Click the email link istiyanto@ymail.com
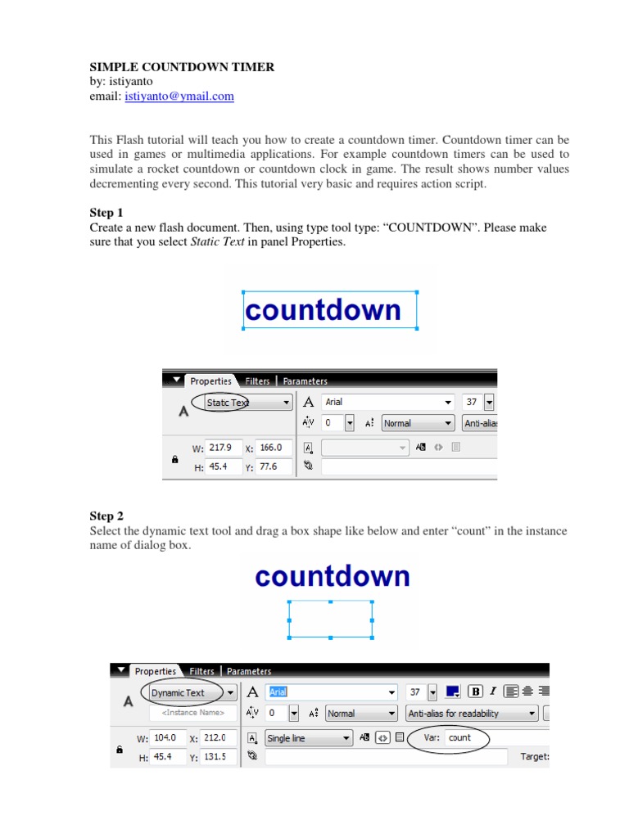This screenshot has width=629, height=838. click(179, 97)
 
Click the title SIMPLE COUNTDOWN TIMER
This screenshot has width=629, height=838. click(182, 67)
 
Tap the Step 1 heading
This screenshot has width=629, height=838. click(106, 213)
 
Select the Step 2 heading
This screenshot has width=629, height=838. click(106, 516)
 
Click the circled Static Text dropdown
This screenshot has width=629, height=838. click(247, 403)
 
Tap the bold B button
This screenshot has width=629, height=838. click(475, 692)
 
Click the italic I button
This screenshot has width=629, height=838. click(492, 692)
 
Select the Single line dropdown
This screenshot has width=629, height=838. click(309, 738)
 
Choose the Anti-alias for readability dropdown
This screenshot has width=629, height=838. click(472, 714)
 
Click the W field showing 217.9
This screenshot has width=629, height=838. click(222, 448)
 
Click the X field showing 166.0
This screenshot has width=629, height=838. click(274, 448)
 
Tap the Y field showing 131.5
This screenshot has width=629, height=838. click(218, 757)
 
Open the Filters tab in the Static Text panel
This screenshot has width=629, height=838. click(257, 381)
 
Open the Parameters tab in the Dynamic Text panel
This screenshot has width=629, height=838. click(249, 671)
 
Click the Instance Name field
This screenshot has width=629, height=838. click(193, 713)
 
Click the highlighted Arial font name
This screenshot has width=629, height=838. click(278, 692)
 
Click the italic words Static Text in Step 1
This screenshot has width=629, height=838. click(217, 241)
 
